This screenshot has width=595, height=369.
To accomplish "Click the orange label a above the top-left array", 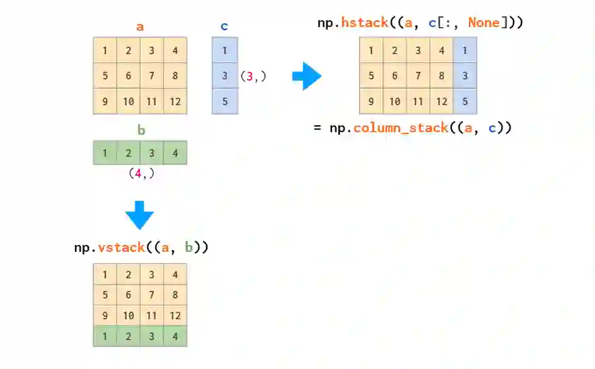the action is point(140,27).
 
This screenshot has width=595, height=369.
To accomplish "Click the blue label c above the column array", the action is point(224,26).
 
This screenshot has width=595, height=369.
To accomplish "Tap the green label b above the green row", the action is point(141,130).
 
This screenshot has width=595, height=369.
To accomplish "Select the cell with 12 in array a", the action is point(175,101).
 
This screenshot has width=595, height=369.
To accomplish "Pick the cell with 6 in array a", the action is point(128,76).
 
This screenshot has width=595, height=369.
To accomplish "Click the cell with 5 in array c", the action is point(225,101).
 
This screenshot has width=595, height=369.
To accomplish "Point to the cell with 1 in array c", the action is point(225,50).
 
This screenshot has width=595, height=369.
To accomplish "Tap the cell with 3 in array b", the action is point(151,152).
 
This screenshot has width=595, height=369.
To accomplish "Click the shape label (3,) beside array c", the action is point(253,76).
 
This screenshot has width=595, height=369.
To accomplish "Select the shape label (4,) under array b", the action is point(141,173).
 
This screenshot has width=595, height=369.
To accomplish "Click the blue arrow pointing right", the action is point(307,76).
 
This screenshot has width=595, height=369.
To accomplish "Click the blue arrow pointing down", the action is point(139,215).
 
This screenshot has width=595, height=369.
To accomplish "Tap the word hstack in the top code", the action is point(364,23).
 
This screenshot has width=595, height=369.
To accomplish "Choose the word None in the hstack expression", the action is point(483,23).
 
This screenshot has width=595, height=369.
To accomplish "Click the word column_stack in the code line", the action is point(401,128).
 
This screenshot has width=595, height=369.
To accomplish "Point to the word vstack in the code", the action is point(122,247).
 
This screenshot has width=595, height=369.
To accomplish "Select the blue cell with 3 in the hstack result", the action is point(465,76).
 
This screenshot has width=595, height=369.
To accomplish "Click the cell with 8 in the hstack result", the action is point(441,76).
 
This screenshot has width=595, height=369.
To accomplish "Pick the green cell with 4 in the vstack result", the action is point(175,336).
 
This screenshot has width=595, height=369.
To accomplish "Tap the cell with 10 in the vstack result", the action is point(128,315).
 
